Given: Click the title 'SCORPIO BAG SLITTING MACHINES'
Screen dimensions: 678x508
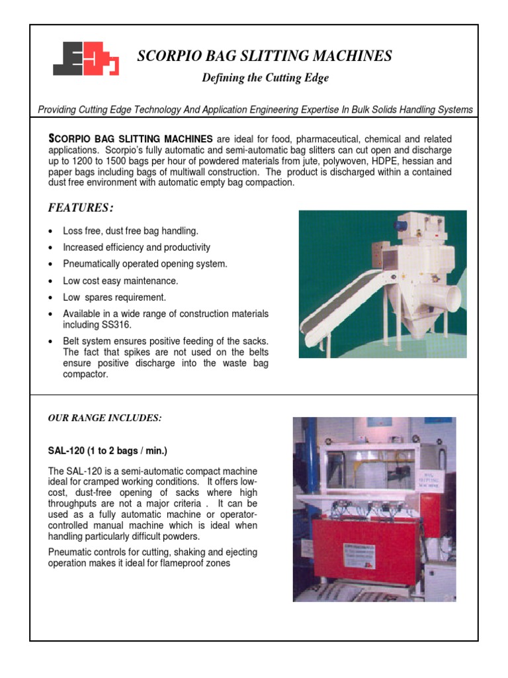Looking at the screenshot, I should (264, 56).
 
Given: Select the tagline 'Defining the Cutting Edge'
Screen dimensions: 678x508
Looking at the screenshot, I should (265, 78).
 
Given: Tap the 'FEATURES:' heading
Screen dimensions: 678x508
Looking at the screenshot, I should (81, 209).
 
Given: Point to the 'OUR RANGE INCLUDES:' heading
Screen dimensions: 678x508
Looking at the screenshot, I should (105, 418).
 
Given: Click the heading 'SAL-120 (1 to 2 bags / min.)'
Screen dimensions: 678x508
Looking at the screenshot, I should (108, 451).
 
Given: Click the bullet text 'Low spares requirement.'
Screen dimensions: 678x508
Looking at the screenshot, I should (114, 297).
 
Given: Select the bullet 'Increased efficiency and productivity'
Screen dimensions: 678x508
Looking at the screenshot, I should (136, 248).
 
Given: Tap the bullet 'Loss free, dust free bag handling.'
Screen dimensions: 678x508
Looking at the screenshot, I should (130, 231).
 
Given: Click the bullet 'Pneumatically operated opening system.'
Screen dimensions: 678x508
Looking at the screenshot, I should (145, 264).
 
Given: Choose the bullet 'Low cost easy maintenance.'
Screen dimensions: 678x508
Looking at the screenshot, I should (120, 281).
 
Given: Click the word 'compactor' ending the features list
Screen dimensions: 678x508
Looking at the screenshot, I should (85, 374).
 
